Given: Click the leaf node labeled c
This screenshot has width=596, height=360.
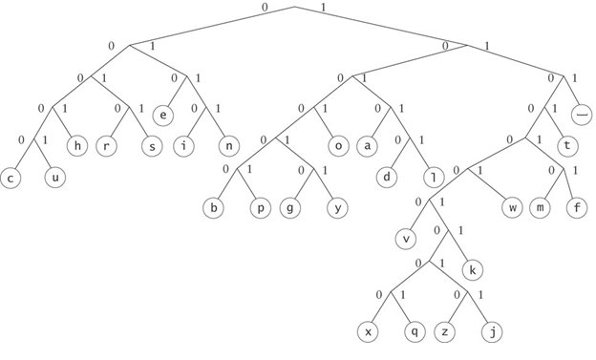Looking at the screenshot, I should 11,178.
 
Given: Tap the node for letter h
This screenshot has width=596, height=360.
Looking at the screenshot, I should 77,146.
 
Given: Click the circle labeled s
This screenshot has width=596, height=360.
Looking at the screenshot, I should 151,146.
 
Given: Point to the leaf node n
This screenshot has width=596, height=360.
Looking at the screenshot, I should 227,146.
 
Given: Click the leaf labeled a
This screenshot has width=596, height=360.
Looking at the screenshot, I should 369,146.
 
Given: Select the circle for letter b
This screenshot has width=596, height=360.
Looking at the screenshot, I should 215,207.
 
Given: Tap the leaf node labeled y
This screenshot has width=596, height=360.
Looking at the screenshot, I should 335,207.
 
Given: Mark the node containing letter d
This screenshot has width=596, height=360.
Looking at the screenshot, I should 389,178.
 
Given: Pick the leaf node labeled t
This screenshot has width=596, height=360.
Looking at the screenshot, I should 568,146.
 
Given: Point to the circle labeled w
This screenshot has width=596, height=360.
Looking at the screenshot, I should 512,207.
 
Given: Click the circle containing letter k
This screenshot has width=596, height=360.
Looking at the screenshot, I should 472,269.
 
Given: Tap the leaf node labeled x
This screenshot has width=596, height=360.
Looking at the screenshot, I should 368,331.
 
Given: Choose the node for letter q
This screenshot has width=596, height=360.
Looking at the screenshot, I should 414,331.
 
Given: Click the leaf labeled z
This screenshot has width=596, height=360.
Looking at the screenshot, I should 444,331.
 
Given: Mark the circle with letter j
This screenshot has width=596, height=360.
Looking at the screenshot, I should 491,331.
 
